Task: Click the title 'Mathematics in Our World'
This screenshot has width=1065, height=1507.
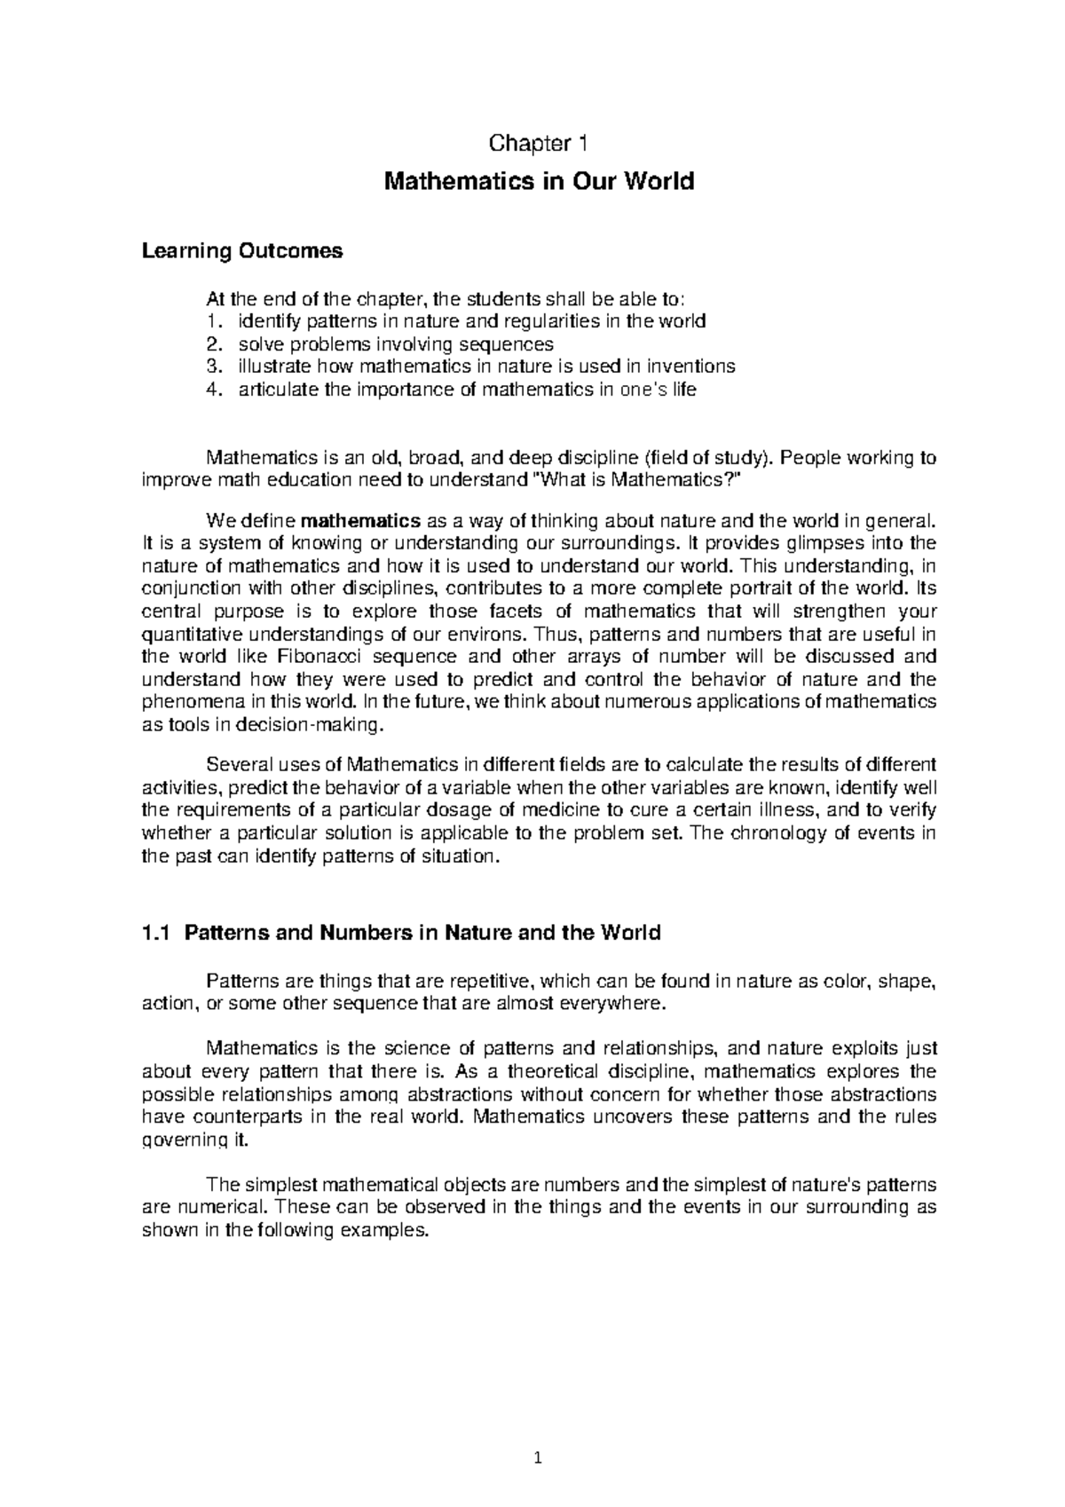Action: click(538, 182)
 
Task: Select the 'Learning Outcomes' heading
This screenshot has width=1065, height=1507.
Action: click(241, 251)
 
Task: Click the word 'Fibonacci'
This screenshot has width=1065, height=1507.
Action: click(321, 658)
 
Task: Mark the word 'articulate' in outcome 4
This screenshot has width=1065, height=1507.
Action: click(276, 390)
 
